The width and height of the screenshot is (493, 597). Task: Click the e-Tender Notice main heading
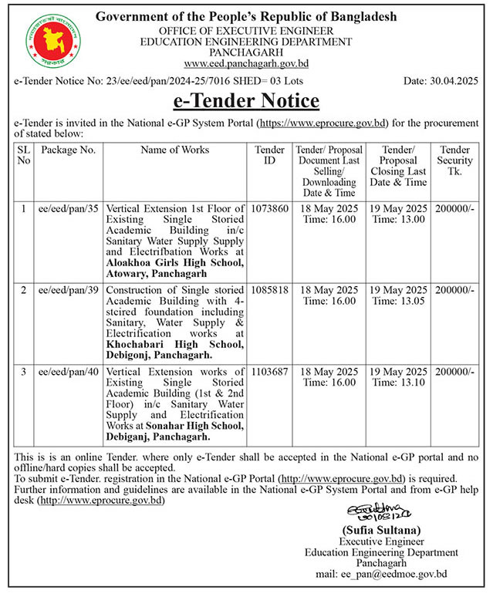point(246,100)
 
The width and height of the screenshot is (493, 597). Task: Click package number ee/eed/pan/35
point(68,208)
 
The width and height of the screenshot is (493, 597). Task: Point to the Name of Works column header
point(174,150)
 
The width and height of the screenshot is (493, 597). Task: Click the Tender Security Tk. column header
point(455,160)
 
